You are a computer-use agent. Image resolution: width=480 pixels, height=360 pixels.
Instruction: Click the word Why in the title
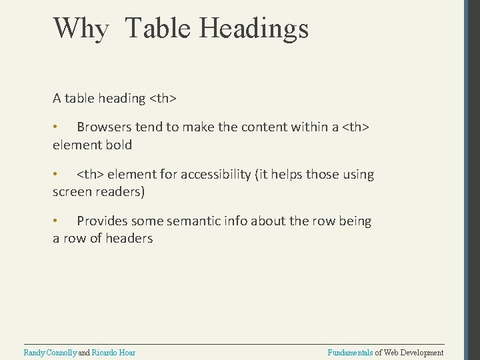[x=79, y=29]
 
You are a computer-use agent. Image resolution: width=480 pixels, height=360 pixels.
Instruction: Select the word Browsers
[x=105, y=127]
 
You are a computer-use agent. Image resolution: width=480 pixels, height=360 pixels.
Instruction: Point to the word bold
[x=119, y=144]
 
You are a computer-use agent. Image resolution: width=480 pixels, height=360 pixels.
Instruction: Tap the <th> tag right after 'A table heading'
[x=163, y=99]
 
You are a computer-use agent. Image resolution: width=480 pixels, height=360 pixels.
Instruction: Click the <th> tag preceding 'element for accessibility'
[x=90, y=175]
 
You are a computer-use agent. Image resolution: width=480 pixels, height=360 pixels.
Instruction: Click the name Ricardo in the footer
[x=107, y=352]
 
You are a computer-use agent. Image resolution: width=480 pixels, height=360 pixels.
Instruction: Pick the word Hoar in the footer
[x=129, y=352]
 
